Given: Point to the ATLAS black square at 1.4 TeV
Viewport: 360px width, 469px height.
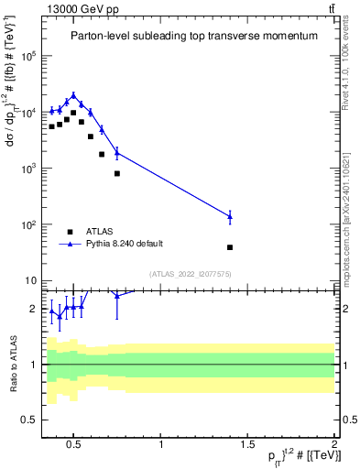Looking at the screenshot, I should click(230, 247).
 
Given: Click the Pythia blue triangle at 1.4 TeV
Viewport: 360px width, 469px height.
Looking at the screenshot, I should click(230, 216).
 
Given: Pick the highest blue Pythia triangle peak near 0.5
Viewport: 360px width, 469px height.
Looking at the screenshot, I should click(73, 94).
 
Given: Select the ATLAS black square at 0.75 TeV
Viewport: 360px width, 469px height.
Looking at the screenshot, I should click(117, 173).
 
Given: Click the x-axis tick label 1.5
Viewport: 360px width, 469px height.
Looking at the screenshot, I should click(247, 445).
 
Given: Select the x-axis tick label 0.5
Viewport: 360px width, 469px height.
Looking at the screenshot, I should click(75, 445).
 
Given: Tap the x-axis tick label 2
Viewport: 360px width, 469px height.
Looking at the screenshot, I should click(333, 445).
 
